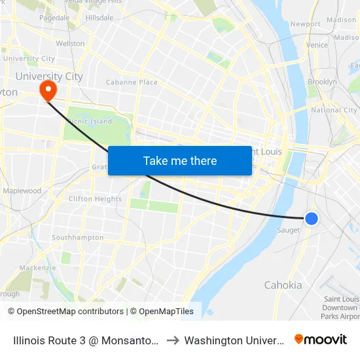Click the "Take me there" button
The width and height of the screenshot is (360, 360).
[x=180, y=160]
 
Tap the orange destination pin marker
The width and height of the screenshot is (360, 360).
[x=48, y=90]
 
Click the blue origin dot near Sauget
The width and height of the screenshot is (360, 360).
[x=312, y=219]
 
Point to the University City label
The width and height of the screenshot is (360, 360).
[x=49, y=77]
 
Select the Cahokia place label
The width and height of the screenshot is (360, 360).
[x=283, y=285]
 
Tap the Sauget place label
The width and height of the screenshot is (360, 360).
[x=288, y=230]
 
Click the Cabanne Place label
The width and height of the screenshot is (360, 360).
[x=132, y=82]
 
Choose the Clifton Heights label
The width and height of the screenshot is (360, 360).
[x=95, y=199]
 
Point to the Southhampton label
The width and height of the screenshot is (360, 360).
[x=77, y=238]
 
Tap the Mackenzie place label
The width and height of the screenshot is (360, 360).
[x=37, y=268]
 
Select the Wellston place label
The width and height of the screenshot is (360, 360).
[x=70, y=44]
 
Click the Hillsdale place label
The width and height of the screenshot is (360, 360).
[x=99, y=18]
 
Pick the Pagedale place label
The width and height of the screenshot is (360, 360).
[x=54, y=18]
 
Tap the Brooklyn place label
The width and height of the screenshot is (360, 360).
[x=322, y=82]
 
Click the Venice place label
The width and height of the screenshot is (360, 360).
[x=317, y=45]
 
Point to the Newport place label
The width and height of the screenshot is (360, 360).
[x=306, y=24]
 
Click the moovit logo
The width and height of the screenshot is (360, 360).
[x=321, y=339]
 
